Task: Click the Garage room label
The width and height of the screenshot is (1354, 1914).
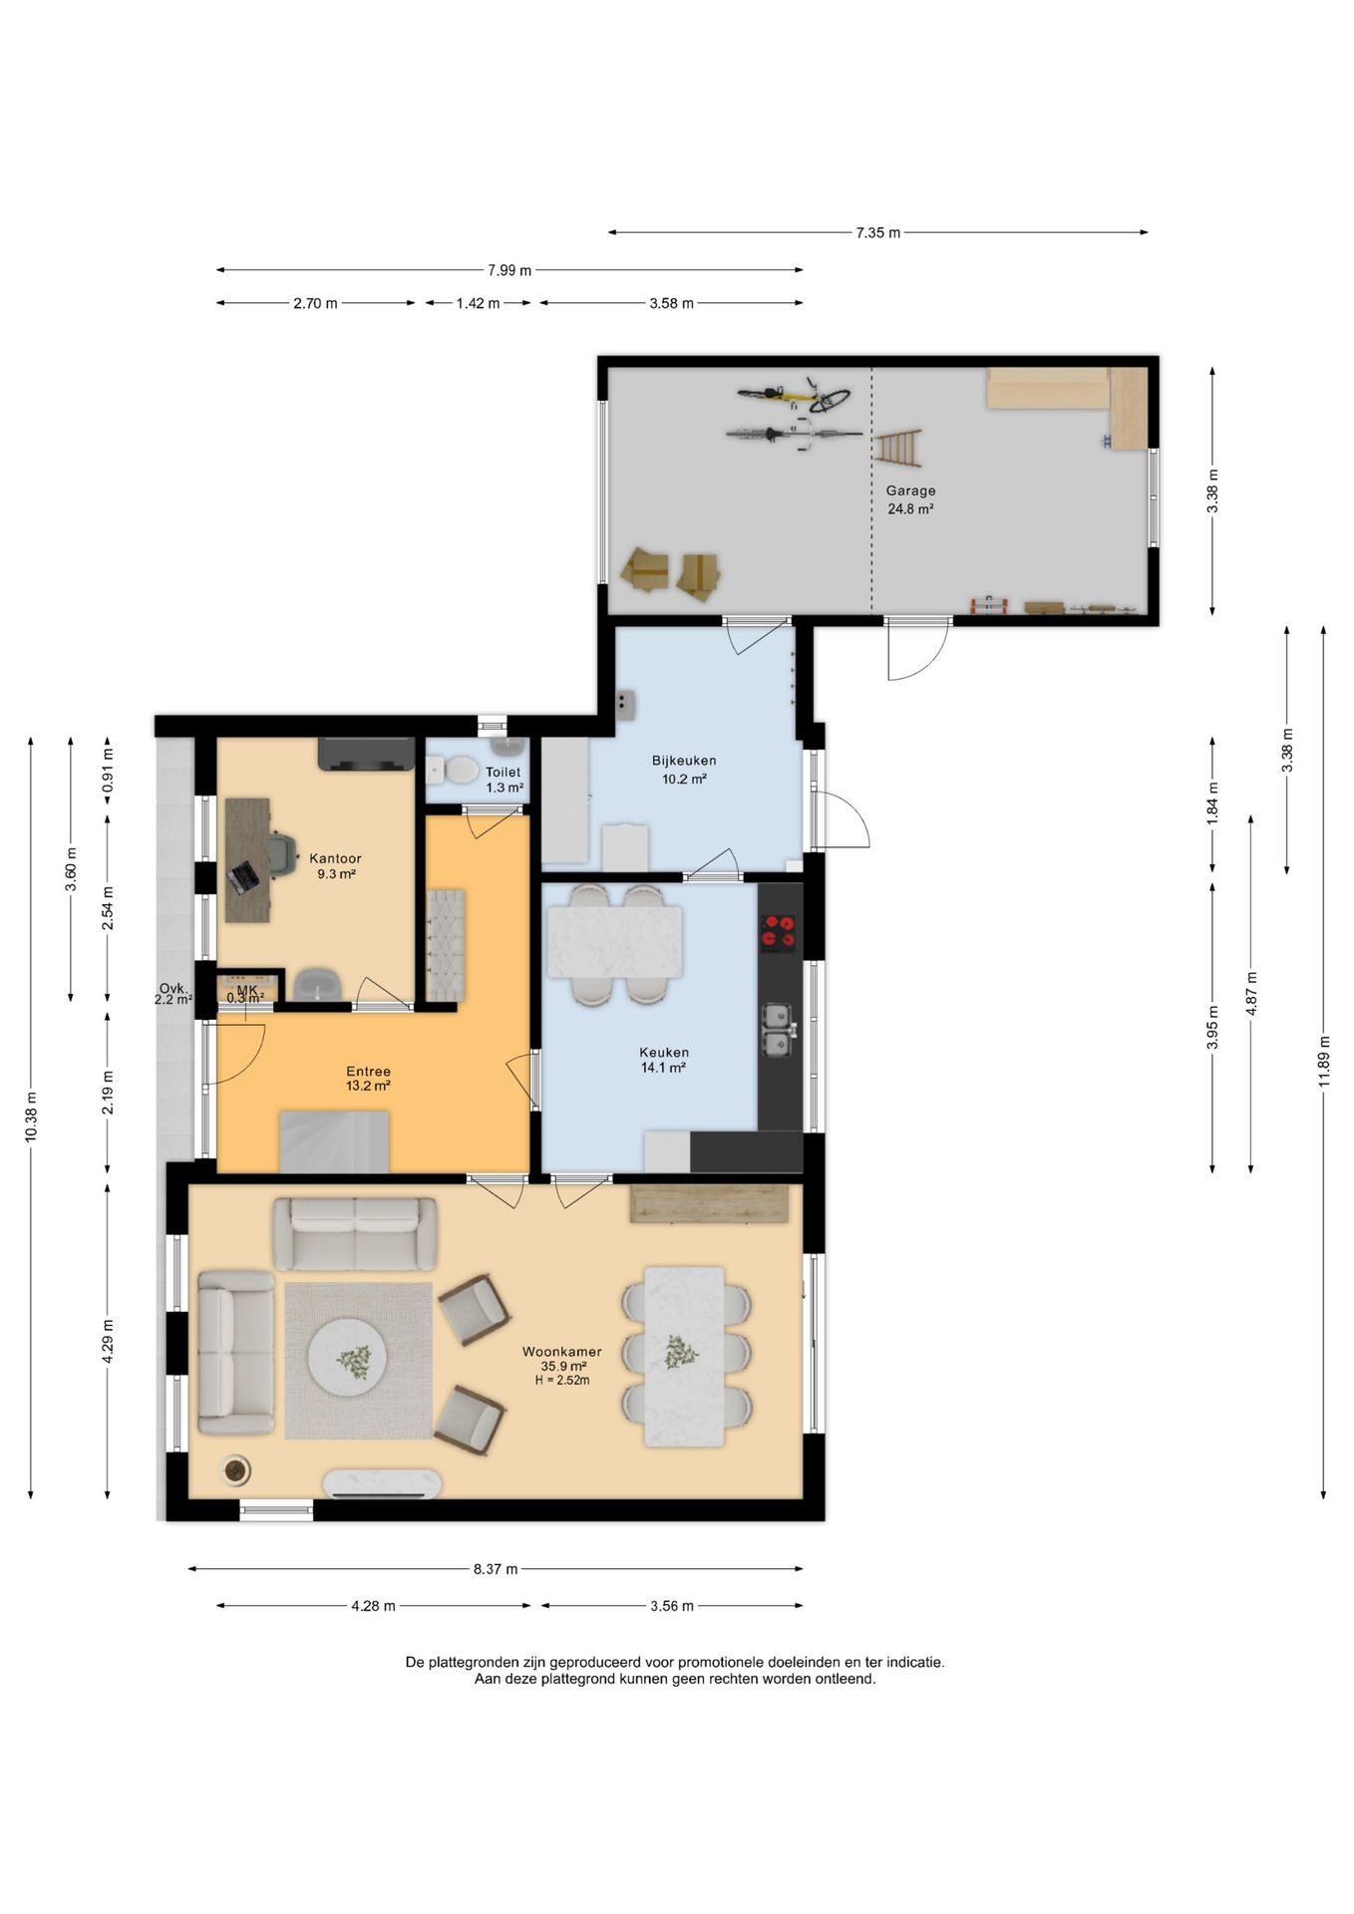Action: point(910,490)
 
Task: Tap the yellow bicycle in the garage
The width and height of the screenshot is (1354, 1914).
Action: point(795,396)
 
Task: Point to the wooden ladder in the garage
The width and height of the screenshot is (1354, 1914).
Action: point(897,448)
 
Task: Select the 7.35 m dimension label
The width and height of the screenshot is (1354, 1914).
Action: point(877,232)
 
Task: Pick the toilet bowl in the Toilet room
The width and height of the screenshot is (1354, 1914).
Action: point(461,770)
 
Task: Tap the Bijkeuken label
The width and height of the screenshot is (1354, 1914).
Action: point(684,761)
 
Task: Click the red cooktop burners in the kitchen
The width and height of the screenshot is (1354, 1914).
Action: point(779,931)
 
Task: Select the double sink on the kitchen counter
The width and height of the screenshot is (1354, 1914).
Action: point(777,1030)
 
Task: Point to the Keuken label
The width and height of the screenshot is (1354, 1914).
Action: point(664,1052)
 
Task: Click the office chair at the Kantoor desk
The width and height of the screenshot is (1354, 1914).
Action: point(281,854)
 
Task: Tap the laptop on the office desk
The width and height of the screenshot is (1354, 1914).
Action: point(244,876)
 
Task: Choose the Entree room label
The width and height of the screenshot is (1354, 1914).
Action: point(368,1071)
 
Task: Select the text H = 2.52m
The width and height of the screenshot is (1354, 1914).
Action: point(562,1381)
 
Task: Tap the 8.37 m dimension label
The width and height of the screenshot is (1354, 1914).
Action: point(496,1569)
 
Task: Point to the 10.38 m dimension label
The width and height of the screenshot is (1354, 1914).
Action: point(31,1116)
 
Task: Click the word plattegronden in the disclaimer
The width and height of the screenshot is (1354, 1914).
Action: point(474,1662)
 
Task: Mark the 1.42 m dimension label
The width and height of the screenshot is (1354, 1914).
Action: point(479,303)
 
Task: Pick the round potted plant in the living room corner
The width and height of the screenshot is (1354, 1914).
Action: point(236,1468)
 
